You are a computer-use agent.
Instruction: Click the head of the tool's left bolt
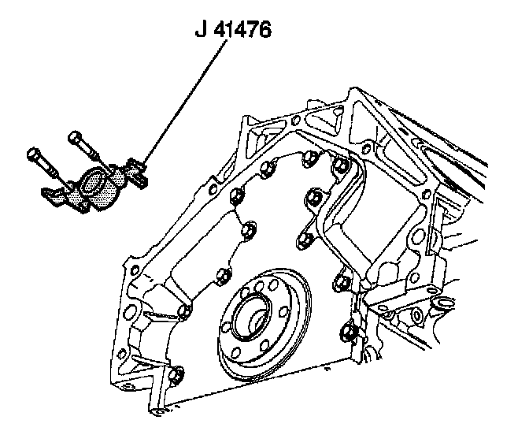coord(33,151)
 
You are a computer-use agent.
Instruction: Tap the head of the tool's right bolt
coord(75,137)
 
